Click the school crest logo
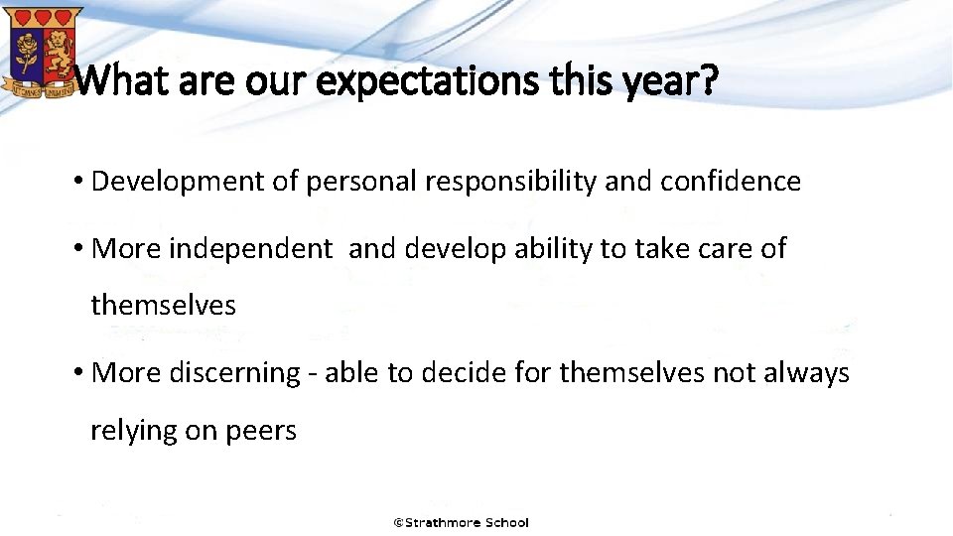pos(41,51)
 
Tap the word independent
pos(250,248)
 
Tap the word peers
pos(261,431)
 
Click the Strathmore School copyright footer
pos(461,522)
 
